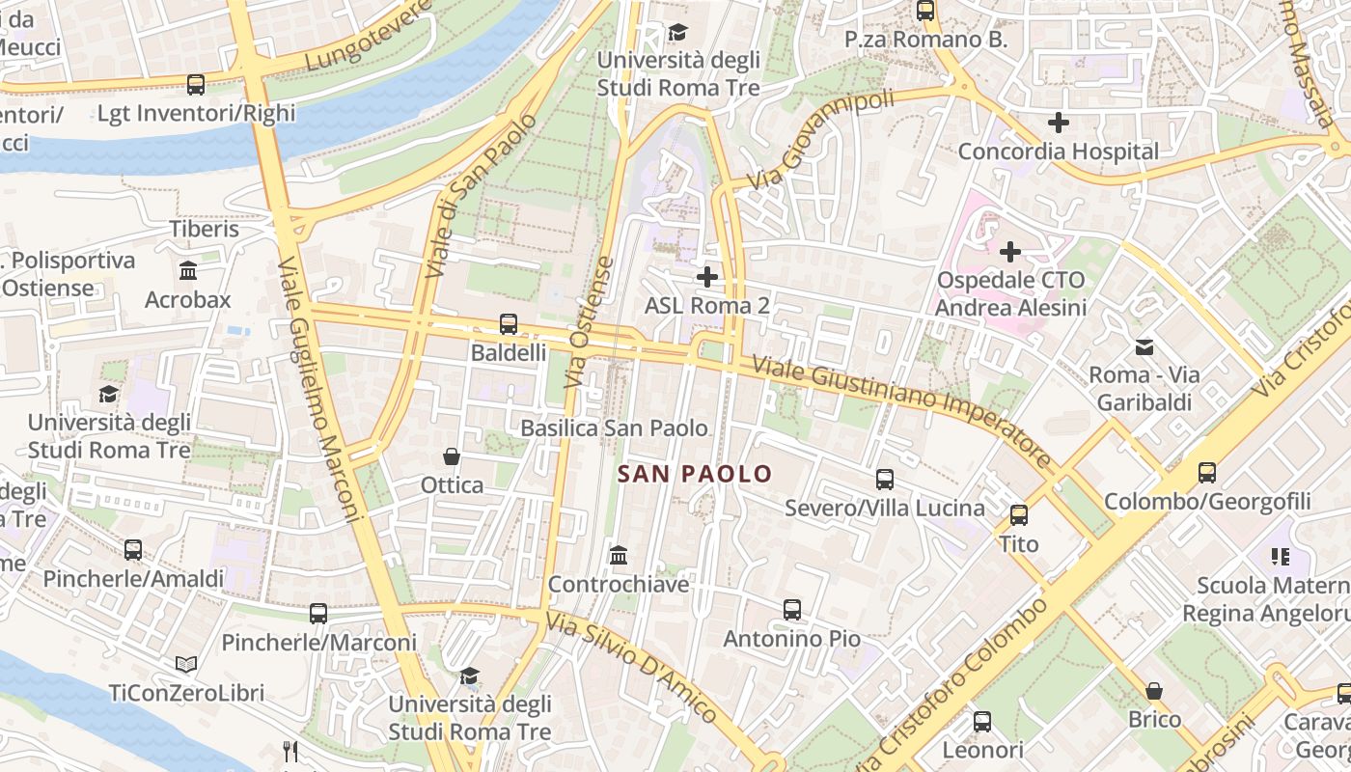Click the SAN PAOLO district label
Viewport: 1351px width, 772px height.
[x=695, y=474]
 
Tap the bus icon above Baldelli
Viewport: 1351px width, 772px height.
[x=509, y=324]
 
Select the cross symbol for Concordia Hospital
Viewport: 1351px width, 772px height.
[x=1059, y=123]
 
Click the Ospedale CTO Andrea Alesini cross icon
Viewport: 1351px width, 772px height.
[x=1010, y=252]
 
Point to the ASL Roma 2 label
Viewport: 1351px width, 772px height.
[x=707, y=306]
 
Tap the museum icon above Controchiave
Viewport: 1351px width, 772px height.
[x=619, y=556]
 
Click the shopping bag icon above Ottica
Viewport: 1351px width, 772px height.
[x=451, y=455]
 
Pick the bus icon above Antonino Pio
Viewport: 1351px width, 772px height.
[x=792, y=610]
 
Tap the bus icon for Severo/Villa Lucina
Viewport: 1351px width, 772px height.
[x=884, y=480]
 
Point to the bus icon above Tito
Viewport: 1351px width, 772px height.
[x=1019, y=515]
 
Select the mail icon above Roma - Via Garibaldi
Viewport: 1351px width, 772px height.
[x=1144, y=346]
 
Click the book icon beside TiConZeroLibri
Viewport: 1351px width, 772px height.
[x=186, y=664]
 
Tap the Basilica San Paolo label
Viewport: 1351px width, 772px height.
[x=614, y=427]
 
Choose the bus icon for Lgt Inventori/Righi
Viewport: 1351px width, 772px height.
[x=196, y=85]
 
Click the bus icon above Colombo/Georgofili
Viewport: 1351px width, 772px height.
[x=1207, y=473]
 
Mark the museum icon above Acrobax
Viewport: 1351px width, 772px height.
[x=188, y=271]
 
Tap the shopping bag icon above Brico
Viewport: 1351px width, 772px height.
[x=1154, y=691]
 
